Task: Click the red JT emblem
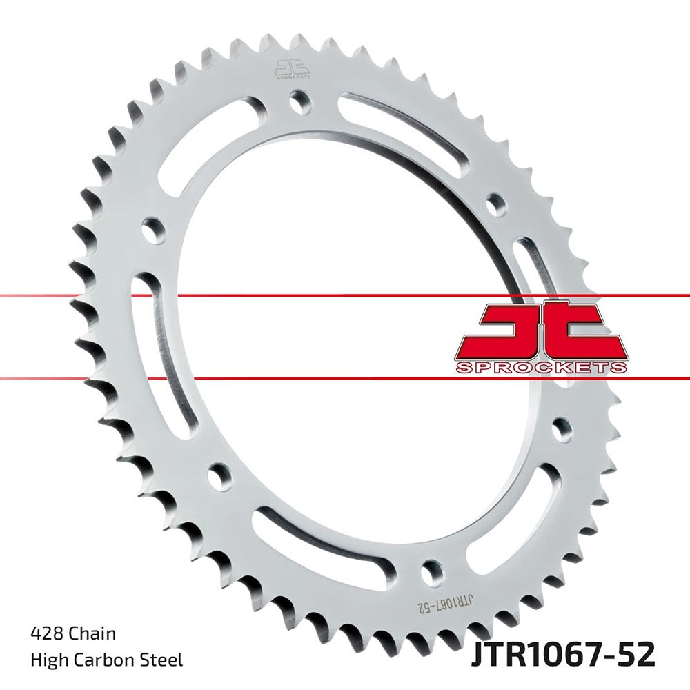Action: pos(541,331)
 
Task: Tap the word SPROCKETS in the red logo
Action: pos(541,368)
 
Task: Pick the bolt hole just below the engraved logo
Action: pos(299,101)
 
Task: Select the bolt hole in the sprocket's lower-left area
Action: pos(220,475)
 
